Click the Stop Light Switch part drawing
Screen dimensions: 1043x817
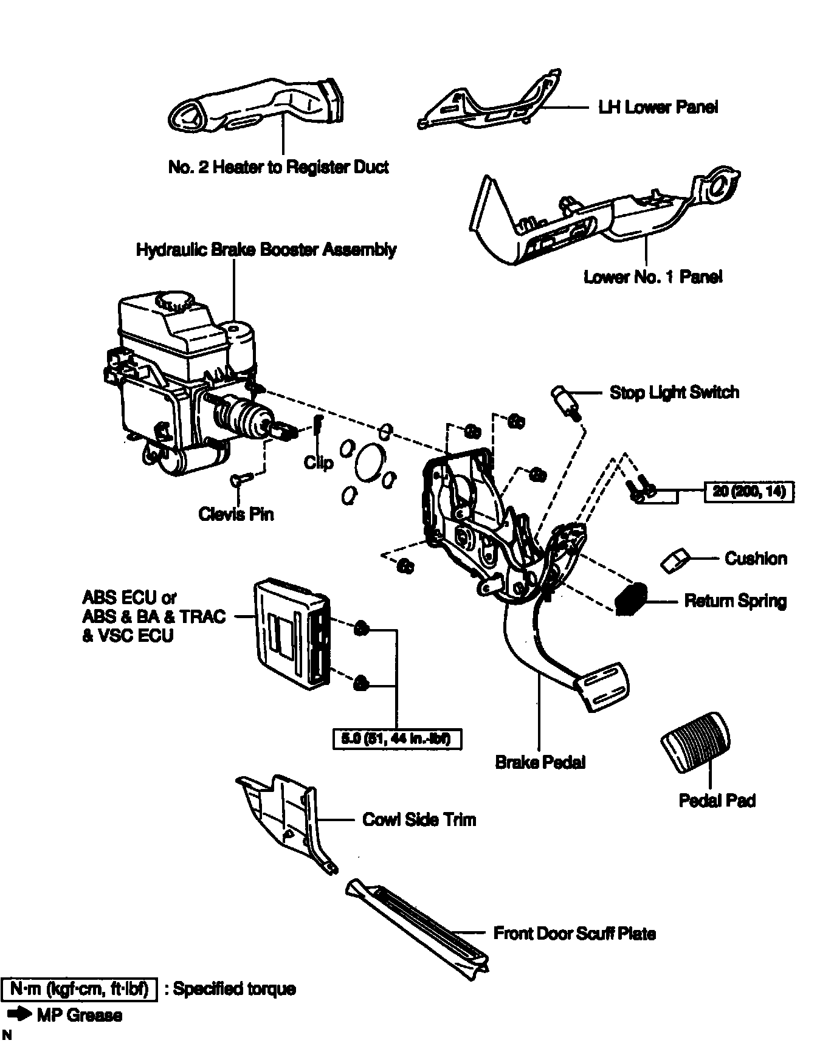click(x=564, y=401)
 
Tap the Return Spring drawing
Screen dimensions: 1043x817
click(x=630, y=601)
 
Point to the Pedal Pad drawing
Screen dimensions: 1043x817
click(x=695, y=742)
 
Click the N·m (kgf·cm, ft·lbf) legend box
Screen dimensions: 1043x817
click(x=80, y=989)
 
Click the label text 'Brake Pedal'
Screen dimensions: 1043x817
click(x=540, y=762)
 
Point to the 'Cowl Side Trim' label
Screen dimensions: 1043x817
click(x=419, y=819)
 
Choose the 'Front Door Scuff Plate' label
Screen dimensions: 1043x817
click(x=574, y=933)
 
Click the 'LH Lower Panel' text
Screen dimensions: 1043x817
click(x=658, y=108)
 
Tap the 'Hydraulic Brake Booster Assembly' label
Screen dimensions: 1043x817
click(x=266, y=250)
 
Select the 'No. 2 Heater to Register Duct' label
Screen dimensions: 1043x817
click(x=278, y=167)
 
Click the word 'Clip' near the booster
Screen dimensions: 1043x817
click(x=319, y=463)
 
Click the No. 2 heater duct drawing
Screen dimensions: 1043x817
click(x=255, y=106)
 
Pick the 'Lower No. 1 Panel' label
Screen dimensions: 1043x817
click(x=653, y=277)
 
